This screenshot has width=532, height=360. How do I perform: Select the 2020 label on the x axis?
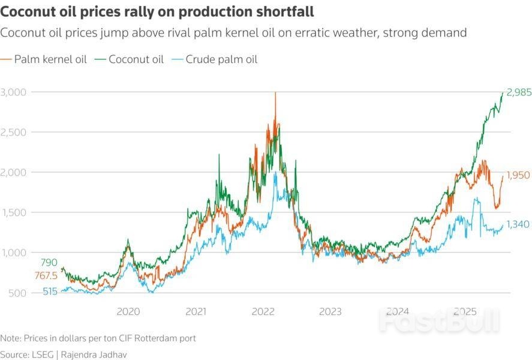point(128,311)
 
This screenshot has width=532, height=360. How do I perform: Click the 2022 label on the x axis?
point(263,311)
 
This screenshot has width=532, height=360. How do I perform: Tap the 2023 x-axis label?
point(330,311)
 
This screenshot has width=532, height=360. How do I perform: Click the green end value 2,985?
point(518,92)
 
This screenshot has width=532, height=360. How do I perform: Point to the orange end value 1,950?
point(518,176)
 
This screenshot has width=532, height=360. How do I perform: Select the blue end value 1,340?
point(518,224)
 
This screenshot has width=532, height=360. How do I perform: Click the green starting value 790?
point(49,262)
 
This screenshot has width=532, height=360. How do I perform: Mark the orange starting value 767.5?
point(46,276)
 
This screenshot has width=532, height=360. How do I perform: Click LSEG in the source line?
point(41,354)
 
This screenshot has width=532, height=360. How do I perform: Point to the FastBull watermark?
point(438,322)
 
